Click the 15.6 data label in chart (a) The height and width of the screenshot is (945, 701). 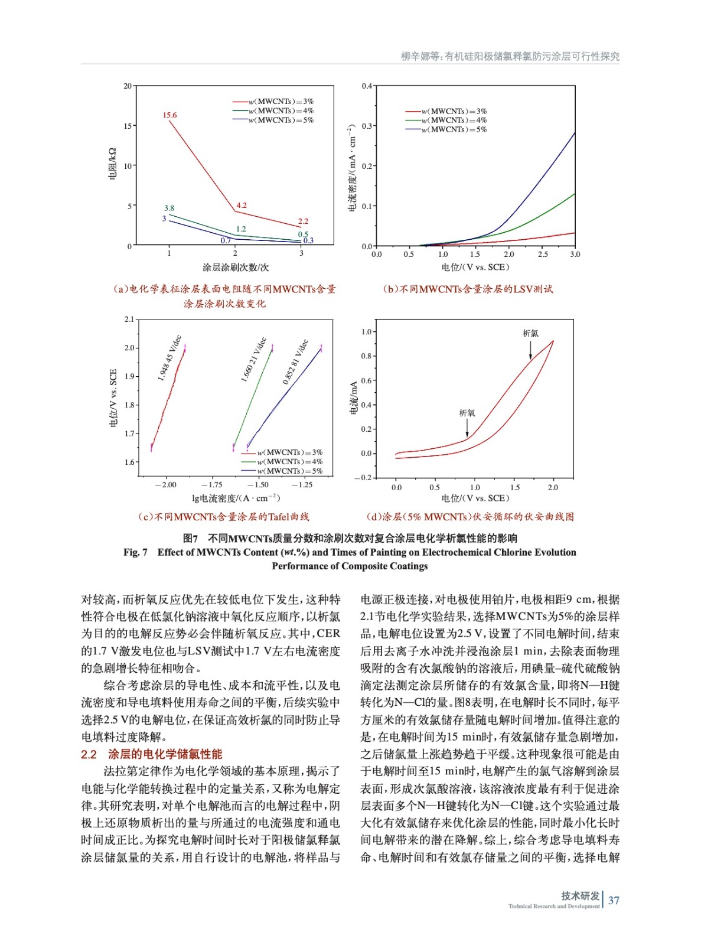[x=169, y=115]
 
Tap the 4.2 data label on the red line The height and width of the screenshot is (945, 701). [x=241, y=206]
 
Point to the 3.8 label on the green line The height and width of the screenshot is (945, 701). [x=169, y=208]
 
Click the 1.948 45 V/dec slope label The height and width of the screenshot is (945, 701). [x=169, y=359]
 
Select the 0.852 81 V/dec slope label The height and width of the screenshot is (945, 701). [x=295, y=362]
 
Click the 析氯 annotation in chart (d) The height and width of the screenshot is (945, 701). [x=530, y=333]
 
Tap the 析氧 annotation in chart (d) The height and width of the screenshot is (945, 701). [x=467, y=413]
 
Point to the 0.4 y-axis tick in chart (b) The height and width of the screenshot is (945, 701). [x=367, y=86]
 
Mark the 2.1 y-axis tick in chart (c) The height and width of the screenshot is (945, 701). [x=129, y=320]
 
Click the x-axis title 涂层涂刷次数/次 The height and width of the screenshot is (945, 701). [x=235, y=268]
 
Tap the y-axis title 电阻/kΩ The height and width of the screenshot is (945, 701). [x=113, y=164]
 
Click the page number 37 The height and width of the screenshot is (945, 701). [x=614, y=901]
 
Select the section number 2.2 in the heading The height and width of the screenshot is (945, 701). [x=89, y=754]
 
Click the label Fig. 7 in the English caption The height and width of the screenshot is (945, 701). [x=135, y=552]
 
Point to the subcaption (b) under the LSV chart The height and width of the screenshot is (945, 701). [x=467, y=289]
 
